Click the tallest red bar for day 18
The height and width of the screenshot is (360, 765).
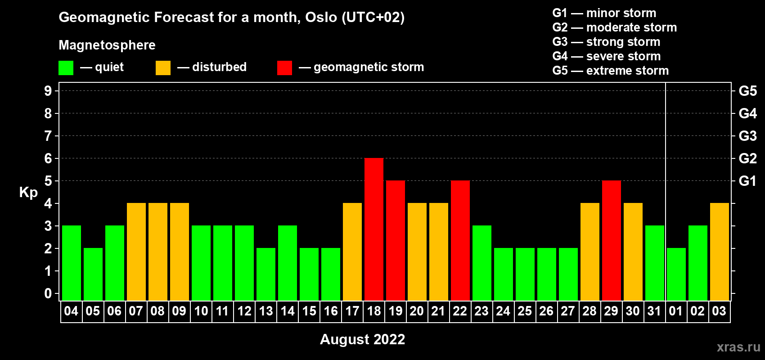click(x=374, y=229)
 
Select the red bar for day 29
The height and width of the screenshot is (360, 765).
click(x=612, y=240)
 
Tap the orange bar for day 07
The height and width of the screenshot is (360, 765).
click(x=136, y=252)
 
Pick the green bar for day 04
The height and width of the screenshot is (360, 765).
click(x=72, y=263)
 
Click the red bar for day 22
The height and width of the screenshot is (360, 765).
click(x=460, y=240)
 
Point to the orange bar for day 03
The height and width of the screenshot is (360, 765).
click(x=720, y=252)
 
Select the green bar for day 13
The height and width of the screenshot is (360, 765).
click(x=266, y=274)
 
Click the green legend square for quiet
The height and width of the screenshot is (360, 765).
click(x=66, y=67)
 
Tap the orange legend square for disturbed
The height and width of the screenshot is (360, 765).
click(x=163, y=67)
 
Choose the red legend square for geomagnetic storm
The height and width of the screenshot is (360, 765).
click(x=285, y=67)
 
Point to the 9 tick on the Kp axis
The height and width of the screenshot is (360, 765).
click(x=48, y=91)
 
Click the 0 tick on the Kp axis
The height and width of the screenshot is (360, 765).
click(x=48, y=294)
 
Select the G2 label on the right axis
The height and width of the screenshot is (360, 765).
click(x=748, y=158)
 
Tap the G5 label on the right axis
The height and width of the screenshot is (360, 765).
click(x=748, y=91)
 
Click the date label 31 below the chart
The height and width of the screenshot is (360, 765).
click(x=654, y=311)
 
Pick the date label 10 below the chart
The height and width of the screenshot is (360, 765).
click(x=201, y=311)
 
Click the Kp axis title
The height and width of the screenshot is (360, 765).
click(x=28, y=193)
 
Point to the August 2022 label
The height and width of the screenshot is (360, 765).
click(x=362, y=339)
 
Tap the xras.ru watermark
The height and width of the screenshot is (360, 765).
click(x=738, y=347)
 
